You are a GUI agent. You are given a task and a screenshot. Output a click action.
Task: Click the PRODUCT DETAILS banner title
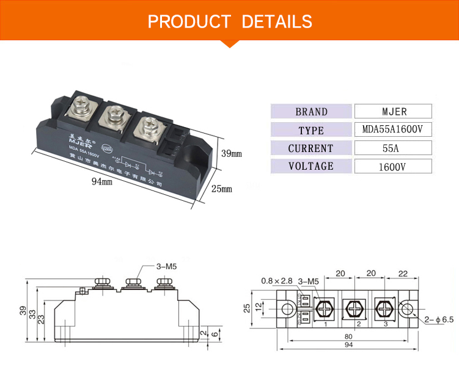229,22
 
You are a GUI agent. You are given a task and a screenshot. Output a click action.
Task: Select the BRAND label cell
311,112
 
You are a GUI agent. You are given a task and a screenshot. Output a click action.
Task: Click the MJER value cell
393,112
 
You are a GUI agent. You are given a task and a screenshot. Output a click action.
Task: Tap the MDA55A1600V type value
393,130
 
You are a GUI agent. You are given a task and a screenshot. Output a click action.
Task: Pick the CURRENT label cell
311,148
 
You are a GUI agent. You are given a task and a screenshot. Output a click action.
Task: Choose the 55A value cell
393,148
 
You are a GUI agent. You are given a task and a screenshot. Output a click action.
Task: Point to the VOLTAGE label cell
311,166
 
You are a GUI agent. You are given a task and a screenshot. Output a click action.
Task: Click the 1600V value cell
393,166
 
